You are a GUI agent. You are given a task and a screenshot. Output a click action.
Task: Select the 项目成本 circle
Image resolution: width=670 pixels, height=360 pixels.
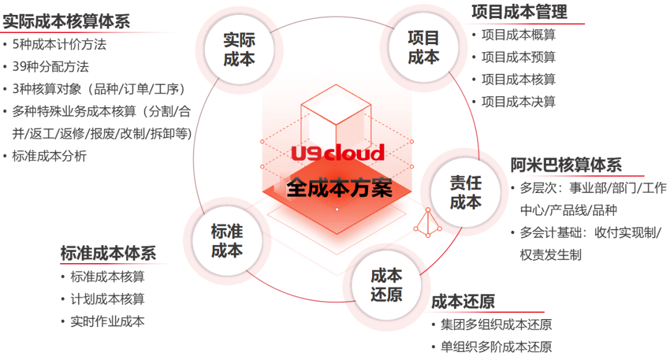click(423, 47)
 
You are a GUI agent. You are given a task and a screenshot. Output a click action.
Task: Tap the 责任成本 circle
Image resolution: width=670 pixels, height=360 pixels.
click(465, 192)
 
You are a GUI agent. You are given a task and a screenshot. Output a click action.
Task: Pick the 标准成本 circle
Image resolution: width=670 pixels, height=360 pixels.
click(226, 241)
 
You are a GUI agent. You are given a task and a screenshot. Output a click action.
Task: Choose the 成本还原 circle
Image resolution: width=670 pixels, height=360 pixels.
click(386, 285)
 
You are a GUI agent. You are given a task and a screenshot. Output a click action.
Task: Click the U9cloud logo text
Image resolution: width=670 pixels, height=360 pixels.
click(338, 152)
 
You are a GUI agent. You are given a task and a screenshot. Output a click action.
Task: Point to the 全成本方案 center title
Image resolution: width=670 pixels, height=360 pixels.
click(339, 188)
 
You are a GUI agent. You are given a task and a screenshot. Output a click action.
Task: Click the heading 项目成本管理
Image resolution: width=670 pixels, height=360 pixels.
click(519, 11)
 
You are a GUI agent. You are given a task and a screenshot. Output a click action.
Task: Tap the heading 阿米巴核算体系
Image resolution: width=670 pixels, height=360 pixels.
click(566, 165)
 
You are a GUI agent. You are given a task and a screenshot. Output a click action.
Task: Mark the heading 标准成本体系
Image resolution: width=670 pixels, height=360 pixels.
click(108, 253)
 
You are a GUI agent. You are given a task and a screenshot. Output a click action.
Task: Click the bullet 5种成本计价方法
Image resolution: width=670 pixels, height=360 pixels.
click(59, 45)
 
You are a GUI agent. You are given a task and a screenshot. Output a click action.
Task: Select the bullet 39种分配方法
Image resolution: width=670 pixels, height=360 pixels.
click(50, 66)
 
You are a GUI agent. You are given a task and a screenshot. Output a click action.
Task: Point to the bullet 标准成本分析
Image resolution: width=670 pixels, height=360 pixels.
click(49, 156)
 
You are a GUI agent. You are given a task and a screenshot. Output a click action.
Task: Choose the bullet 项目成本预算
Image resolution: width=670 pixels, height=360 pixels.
click(519, 58)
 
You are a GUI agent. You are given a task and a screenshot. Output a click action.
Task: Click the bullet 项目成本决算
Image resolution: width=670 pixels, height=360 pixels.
click(519, 102)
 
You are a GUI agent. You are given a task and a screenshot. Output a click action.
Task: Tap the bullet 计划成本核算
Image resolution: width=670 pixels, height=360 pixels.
click(108, 299)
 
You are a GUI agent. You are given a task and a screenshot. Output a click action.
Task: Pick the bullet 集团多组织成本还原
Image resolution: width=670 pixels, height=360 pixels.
click(496, 325)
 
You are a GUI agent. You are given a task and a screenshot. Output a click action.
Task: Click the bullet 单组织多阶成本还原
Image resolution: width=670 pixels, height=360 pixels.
click(496, 347)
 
